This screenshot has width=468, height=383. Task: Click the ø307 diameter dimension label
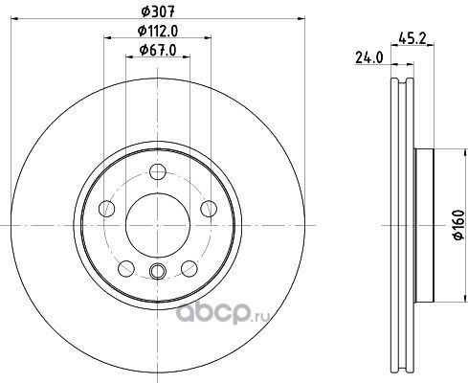(158, 12)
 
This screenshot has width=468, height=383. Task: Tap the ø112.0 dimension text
(158, 32)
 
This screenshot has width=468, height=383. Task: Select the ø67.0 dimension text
(158, 50)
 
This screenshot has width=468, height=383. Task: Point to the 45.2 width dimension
(412, 38)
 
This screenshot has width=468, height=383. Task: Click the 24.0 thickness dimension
(368, 57)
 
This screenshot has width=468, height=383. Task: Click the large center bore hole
(158, 225)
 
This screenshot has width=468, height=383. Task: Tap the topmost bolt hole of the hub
(158, 171)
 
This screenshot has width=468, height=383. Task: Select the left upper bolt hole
(107, 209)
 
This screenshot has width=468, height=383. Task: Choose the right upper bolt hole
(209, 209)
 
